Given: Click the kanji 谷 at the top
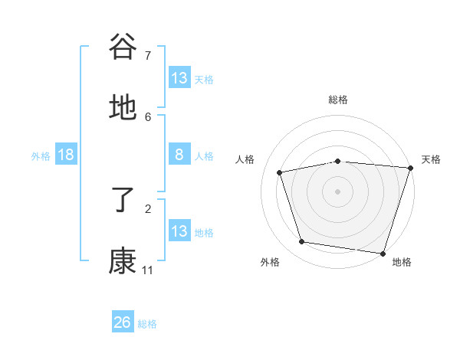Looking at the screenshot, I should (x=123, y=47).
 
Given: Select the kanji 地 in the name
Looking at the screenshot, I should (x=123, y=110).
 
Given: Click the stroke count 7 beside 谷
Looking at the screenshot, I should (x=148, y=55).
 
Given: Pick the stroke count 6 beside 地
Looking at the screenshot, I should (x=148, y=116).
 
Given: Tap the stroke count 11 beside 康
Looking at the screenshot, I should (x=148, y=270).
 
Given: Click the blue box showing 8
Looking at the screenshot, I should (x=179, y=155).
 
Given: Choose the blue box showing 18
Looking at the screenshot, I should (x=66, y=155).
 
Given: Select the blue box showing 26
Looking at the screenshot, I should (x=123, y=322).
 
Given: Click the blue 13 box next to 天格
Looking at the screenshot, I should (x=179, y=78).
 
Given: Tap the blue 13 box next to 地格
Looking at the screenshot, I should (x=179, y=231).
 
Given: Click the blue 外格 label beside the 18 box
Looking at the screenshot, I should (x=41, y=155).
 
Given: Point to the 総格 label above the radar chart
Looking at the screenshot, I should (x=338, y=100).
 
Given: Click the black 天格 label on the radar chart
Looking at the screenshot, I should (x=431, y=159).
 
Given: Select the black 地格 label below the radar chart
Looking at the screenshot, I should (x=402, y=262).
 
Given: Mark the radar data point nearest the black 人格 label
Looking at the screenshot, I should (x=280, y=172).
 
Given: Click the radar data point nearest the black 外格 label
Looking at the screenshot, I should (x=302, y=242).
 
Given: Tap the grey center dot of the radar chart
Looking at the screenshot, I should (x=338, y=191).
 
